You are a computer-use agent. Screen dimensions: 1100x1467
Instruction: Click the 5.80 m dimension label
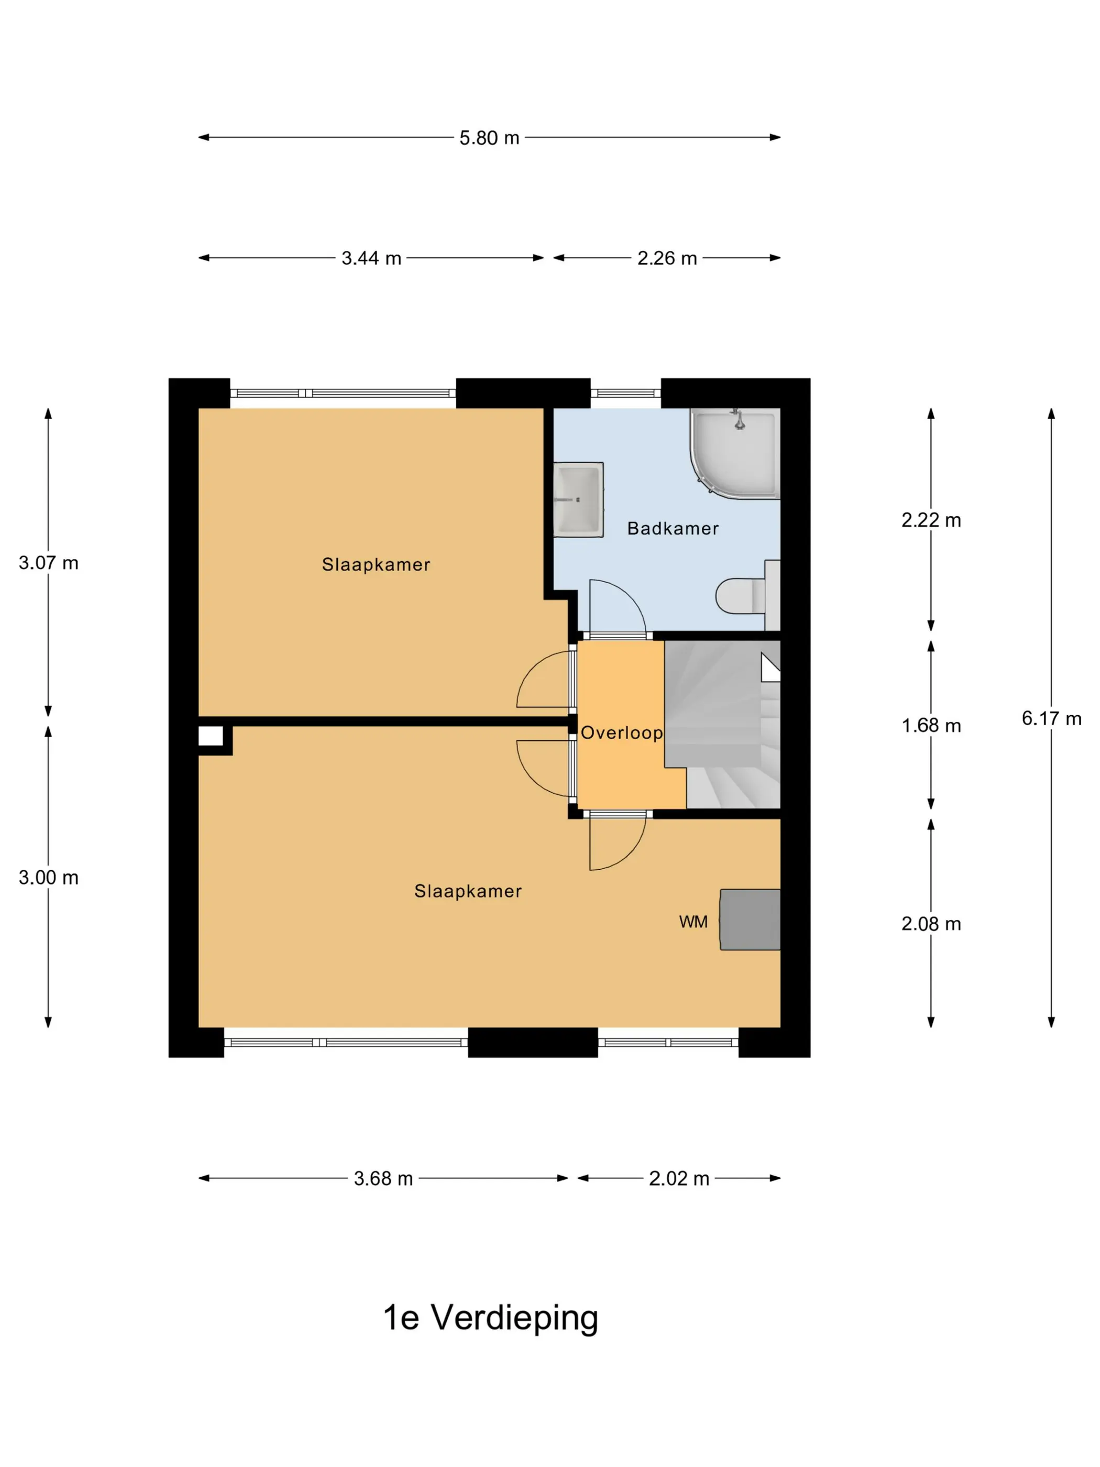click(489, 138)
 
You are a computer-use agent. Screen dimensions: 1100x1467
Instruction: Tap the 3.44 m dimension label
click(371, 258)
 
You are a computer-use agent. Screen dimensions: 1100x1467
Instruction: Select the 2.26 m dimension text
click(666, 258)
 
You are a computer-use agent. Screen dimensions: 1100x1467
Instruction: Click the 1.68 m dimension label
click(930, 726)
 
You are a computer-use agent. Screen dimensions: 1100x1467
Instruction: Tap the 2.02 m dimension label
click(678, 1178)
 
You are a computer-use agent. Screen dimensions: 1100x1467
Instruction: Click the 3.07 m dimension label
click(48, 563)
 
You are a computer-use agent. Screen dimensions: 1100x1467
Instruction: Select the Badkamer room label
click(673, 529)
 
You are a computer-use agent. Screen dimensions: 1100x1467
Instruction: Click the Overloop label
click(621, 733)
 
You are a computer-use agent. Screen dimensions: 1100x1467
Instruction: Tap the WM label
click(693, 922)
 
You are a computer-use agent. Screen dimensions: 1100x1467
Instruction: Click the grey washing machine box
click(750, 920)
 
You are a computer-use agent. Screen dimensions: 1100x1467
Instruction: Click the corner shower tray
click(735, 453)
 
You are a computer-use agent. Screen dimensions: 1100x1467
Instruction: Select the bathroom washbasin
click(578, 499)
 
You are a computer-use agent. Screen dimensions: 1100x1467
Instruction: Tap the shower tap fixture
click(739, 420)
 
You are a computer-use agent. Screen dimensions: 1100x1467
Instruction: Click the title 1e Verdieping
click(491, 1318)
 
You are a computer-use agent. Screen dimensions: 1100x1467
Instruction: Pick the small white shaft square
click(211, 736)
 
